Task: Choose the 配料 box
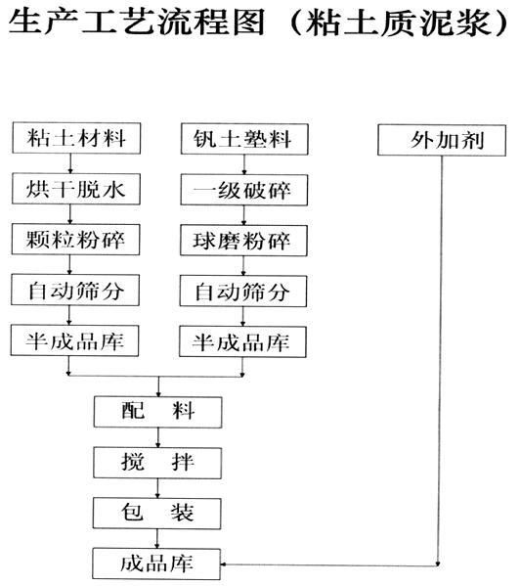pos(157,411)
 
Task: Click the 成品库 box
pos(157,563)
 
